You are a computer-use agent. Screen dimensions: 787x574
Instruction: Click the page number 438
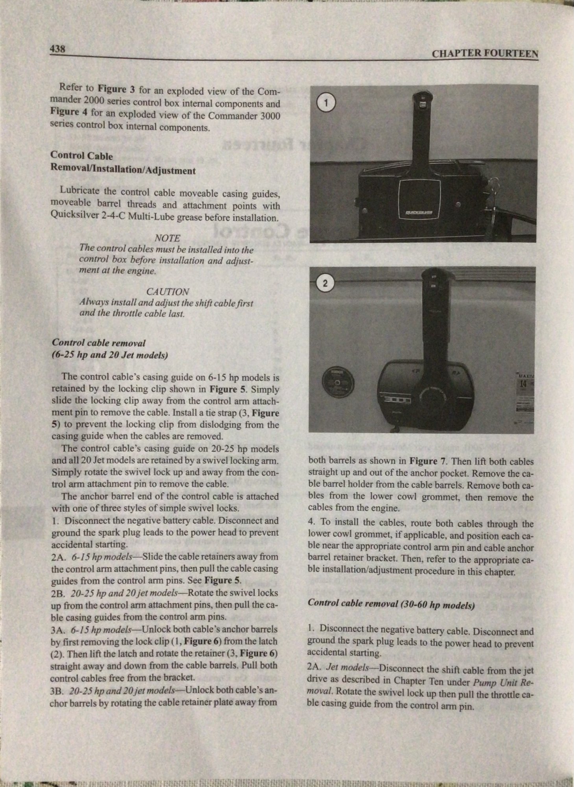(57, 49)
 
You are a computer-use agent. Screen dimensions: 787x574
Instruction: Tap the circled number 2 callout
(325, 284)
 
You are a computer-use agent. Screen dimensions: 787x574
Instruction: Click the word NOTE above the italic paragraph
(168, 238)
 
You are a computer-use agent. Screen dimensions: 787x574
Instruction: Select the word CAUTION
(168, 292)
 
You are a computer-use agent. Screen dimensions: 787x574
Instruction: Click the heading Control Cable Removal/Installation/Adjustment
(122, 163)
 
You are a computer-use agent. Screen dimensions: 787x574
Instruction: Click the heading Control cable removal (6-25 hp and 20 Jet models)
(110, 349)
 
